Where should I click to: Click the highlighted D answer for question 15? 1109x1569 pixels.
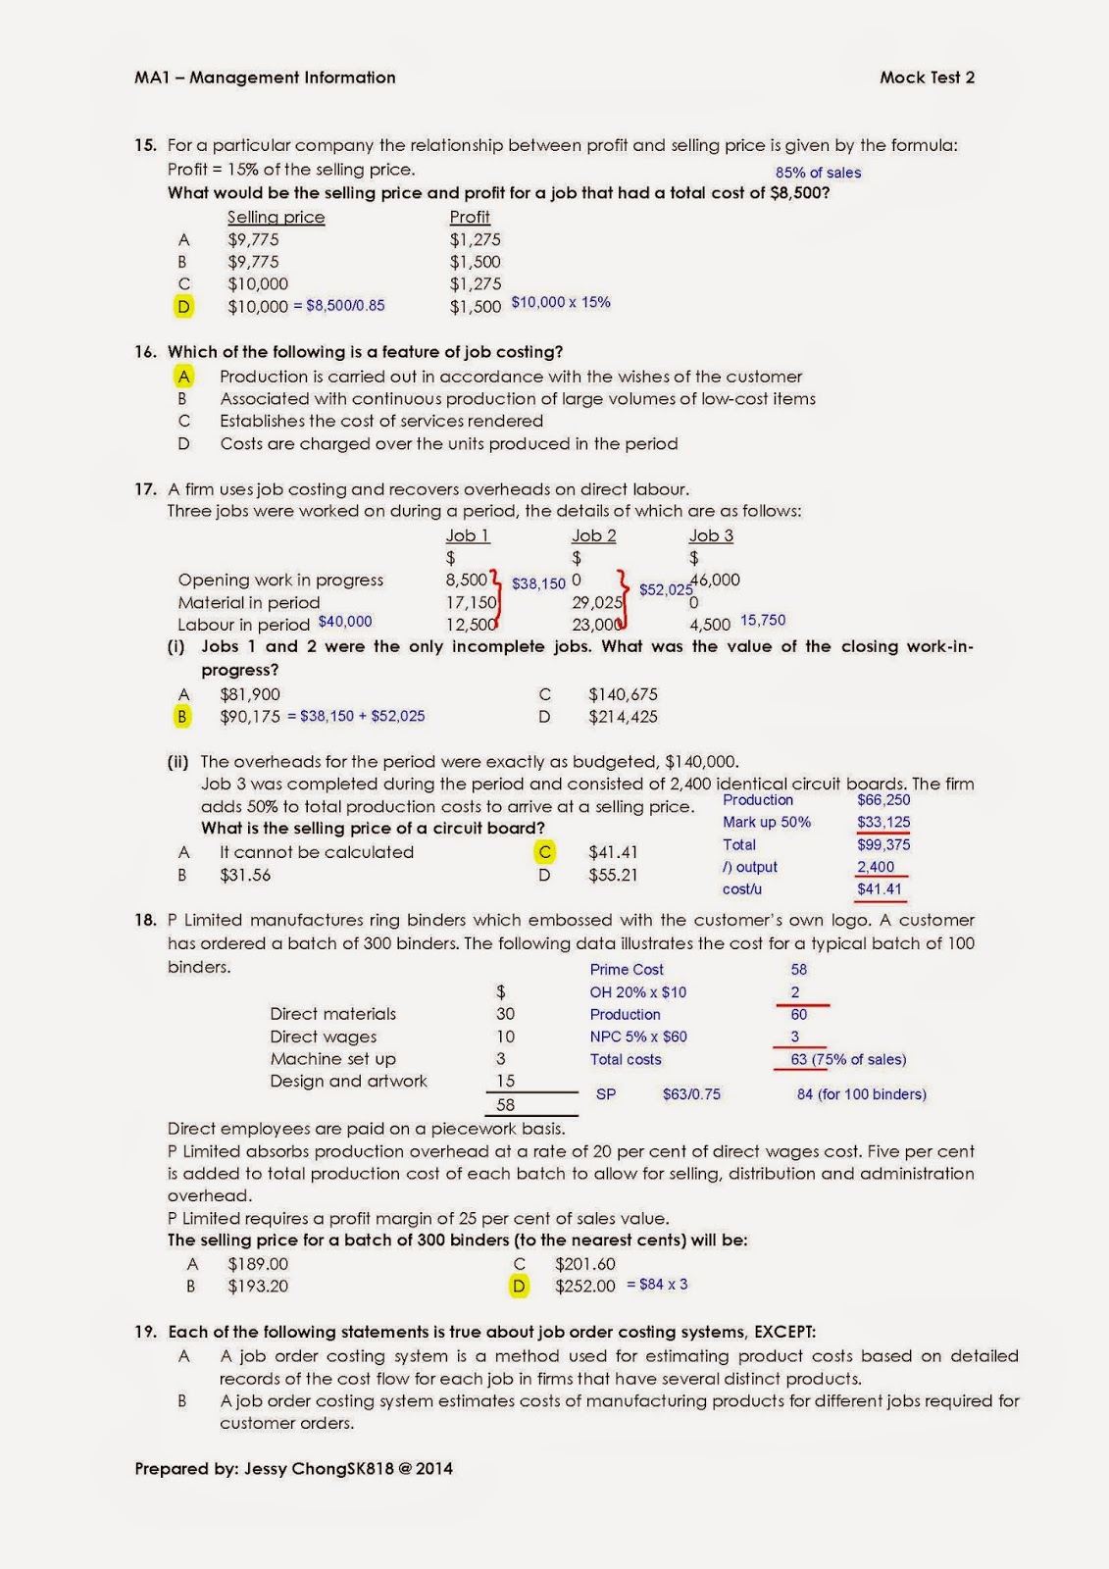(183, 307)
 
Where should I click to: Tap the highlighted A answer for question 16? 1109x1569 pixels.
(183, 377)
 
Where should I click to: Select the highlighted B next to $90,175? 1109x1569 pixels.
(182, 717)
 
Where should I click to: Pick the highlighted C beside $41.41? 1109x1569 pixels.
(545, 852)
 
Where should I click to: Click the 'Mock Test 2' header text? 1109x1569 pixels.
(927, 77)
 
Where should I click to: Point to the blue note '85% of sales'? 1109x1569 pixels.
(818, 173)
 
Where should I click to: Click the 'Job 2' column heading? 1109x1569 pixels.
(593, 535)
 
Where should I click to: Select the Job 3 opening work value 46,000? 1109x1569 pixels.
(715, 580)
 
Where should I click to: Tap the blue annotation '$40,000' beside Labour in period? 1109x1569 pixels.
(345, 622)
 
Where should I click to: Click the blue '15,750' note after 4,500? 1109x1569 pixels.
(763, 621)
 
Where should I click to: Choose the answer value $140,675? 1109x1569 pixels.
(623, 694)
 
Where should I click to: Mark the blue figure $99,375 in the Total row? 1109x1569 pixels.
(883, 844)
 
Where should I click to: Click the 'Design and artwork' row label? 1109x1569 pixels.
(348, 1081)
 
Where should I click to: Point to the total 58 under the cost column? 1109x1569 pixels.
(505, 1104)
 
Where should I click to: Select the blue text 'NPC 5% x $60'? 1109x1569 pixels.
(638, 1037)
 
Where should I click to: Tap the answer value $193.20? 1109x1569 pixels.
(258, 1286)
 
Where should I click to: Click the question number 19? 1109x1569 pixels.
(145, 1332)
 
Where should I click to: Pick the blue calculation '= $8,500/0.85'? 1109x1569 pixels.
(339, 306)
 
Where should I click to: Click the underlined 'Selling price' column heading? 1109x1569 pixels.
(276, 217)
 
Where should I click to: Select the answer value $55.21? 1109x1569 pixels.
(613, 875)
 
